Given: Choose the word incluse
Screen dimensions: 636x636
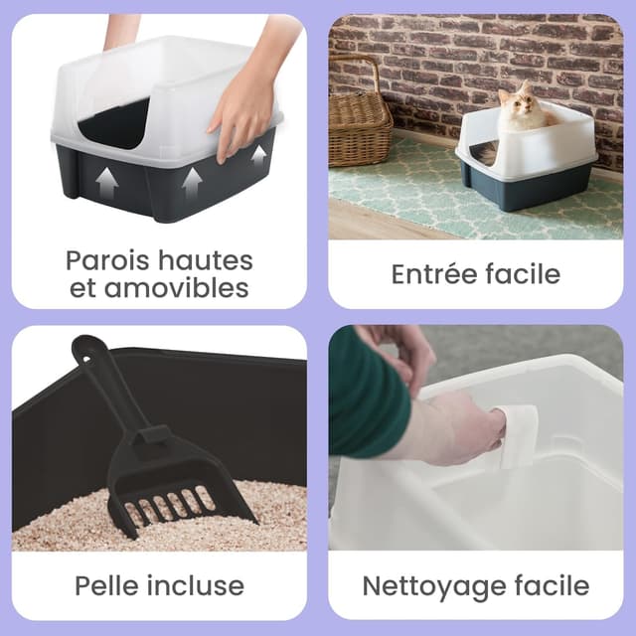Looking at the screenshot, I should tap(200, 584).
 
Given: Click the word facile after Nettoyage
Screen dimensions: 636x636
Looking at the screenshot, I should tap(550, 585).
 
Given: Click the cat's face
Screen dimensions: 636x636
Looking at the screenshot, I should tap(516, 104).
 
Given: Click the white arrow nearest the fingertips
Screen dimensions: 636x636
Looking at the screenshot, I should tap(258, 155).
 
